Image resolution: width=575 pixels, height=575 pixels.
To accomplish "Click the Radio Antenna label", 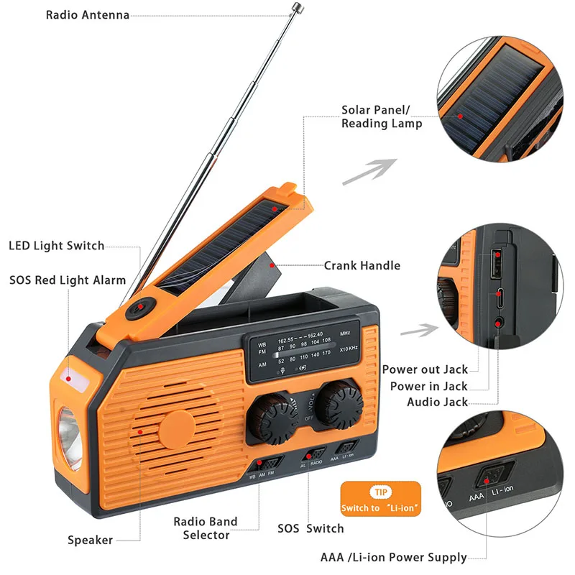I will click(87, 15).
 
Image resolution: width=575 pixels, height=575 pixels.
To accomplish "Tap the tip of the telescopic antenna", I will click(295, 6).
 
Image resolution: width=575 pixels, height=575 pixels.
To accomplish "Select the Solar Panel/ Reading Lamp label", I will click(381, 117).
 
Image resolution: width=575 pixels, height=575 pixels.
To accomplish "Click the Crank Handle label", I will click(362, 265).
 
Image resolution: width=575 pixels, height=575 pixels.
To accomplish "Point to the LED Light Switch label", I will click(56, 246).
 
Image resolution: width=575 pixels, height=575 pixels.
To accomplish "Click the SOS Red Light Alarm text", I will click(68, 280).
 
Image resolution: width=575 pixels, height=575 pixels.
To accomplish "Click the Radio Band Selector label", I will click(205, 528).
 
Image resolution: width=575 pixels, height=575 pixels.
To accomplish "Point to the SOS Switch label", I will click(310, 528).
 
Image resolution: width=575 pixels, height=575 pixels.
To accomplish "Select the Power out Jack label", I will click(425, 369).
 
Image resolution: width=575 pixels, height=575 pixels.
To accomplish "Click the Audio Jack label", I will click(437, 402).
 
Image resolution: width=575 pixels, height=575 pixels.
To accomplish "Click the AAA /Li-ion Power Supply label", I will click(393, 558).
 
